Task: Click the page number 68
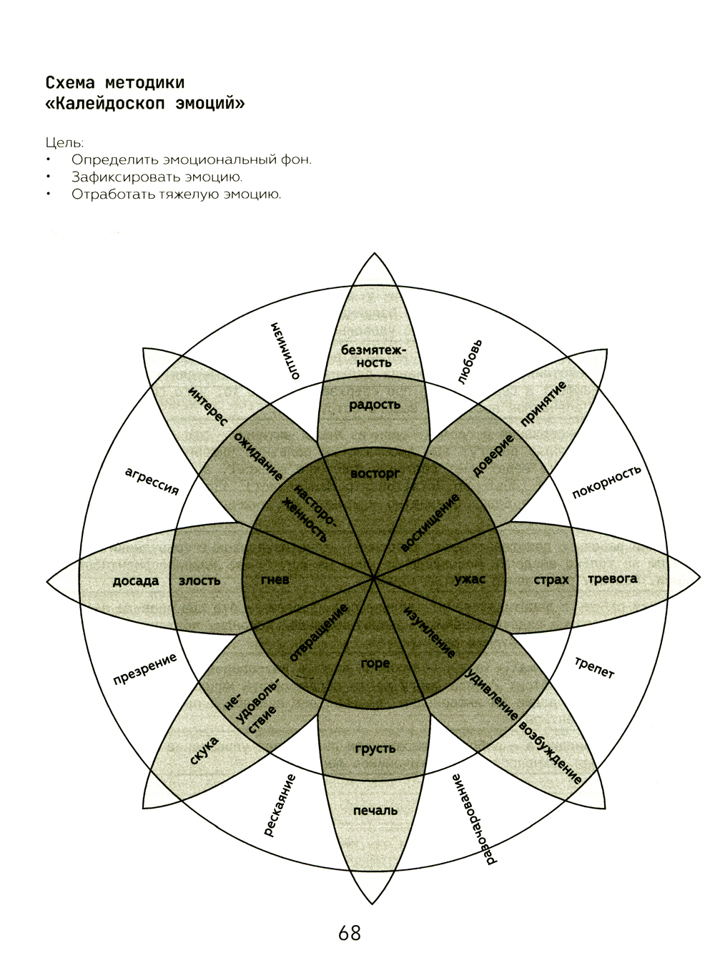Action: point(350,933)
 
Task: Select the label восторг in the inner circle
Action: point(375,473)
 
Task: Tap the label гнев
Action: point(275,580)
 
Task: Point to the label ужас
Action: point(470,579)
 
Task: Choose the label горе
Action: point(375,663)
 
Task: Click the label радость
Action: point(375,405)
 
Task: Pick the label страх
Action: point(551,580)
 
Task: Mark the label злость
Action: point(199,581)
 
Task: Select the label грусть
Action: point(375,749)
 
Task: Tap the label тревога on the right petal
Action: point(612,579)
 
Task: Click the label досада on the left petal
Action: point(136,581)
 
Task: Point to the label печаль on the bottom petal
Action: point(375,811)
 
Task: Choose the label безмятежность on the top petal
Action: point(373,356)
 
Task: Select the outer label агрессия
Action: point(152,480)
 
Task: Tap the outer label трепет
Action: point(594,667)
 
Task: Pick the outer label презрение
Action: point(145,669)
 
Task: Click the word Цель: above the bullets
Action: point(64,143)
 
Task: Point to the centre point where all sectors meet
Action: point(374,576)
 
